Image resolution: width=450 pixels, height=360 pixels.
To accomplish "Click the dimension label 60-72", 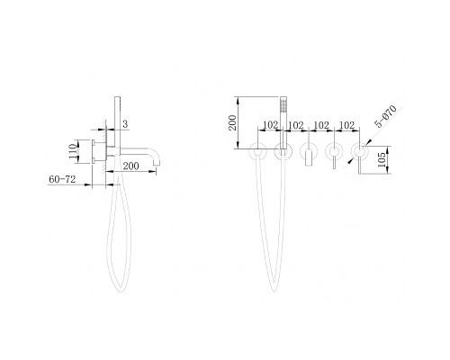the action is click(62, 179).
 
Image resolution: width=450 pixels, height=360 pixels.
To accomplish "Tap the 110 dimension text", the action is click(73, 151).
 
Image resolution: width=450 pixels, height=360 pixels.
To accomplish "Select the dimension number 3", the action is click(125, 124).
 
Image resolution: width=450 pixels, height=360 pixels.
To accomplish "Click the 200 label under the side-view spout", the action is click(131, 166).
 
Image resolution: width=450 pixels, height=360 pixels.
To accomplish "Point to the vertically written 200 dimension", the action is click(232, 122).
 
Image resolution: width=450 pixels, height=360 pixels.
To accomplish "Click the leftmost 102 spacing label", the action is click(271, 125).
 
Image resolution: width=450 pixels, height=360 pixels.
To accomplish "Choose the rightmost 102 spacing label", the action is click(347, 125).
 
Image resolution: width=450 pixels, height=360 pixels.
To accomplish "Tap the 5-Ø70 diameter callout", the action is click(386, 117).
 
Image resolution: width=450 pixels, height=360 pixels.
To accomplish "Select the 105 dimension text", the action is click(382, 160).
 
